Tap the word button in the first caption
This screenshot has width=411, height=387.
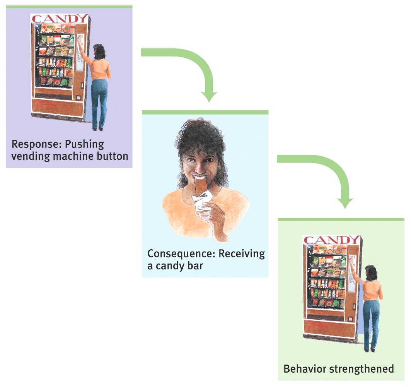tap(113, 157)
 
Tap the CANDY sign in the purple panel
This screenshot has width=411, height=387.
tap(60, 19)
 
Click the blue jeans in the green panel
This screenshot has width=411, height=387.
tap(371, 321)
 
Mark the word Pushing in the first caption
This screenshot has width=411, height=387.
tap(84, 145)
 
